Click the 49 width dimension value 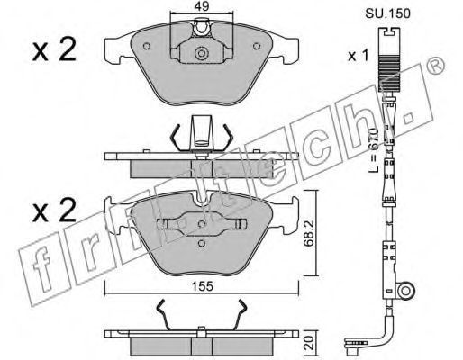[202, 6]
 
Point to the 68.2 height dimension [309, 234]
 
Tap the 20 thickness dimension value [310, 343]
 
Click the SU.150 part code [387, 13]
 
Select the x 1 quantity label [358, 56]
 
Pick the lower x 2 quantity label [54, 211]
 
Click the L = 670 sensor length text [374, 150]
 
